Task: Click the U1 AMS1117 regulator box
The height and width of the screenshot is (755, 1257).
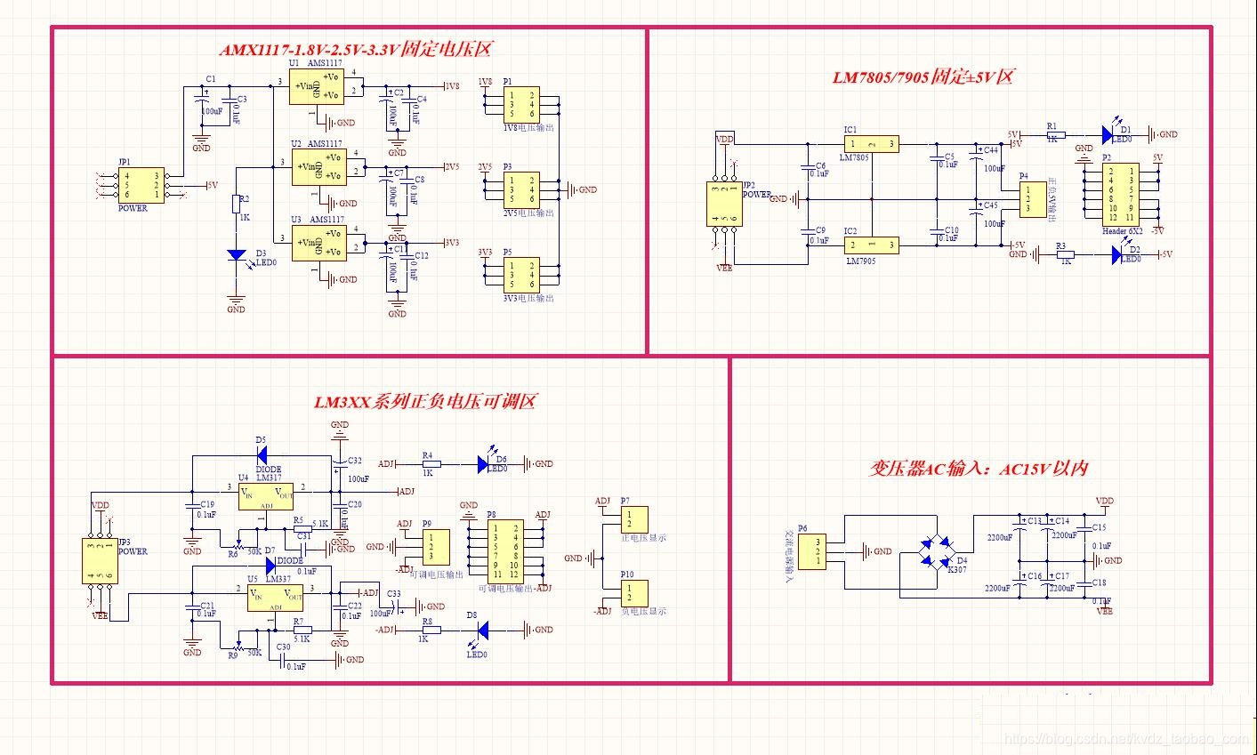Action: click(x=316, y=86)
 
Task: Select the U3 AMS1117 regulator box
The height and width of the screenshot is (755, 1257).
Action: click(x=318, y=242)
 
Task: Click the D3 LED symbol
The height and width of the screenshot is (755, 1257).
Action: click(x=236, y=254)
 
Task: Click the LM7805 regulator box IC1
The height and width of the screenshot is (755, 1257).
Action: click(x=870, y=143)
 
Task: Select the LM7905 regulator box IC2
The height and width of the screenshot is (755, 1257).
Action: click(x=870, y=245)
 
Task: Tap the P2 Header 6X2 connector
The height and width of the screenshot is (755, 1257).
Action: click(x=1121, y=193)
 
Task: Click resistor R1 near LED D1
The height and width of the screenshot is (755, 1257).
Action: click(x=1052, y=134)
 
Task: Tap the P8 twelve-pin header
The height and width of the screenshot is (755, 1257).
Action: click(x=504, y=550)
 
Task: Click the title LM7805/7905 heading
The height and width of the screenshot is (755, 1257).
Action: click(x=922, y=76)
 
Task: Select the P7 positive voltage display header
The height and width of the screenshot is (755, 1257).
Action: click(x=634, y=519)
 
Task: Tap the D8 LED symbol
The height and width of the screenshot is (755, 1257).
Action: click(x=481, y=630)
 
